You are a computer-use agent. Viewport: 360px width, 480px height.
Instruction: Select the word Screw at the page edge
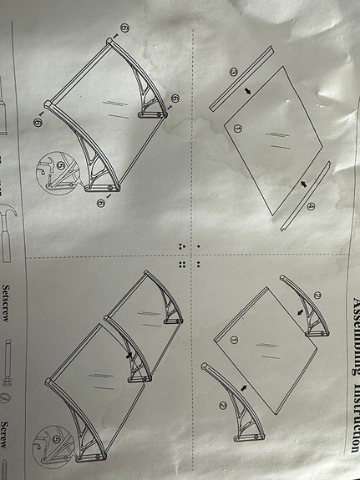point(6,434)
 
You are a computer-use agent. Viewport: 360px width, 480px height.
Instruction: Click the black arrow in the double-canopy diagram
point(128,354)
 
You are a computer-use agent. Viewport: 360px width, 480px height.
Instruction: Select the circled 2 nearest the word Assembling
point(317,295)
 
